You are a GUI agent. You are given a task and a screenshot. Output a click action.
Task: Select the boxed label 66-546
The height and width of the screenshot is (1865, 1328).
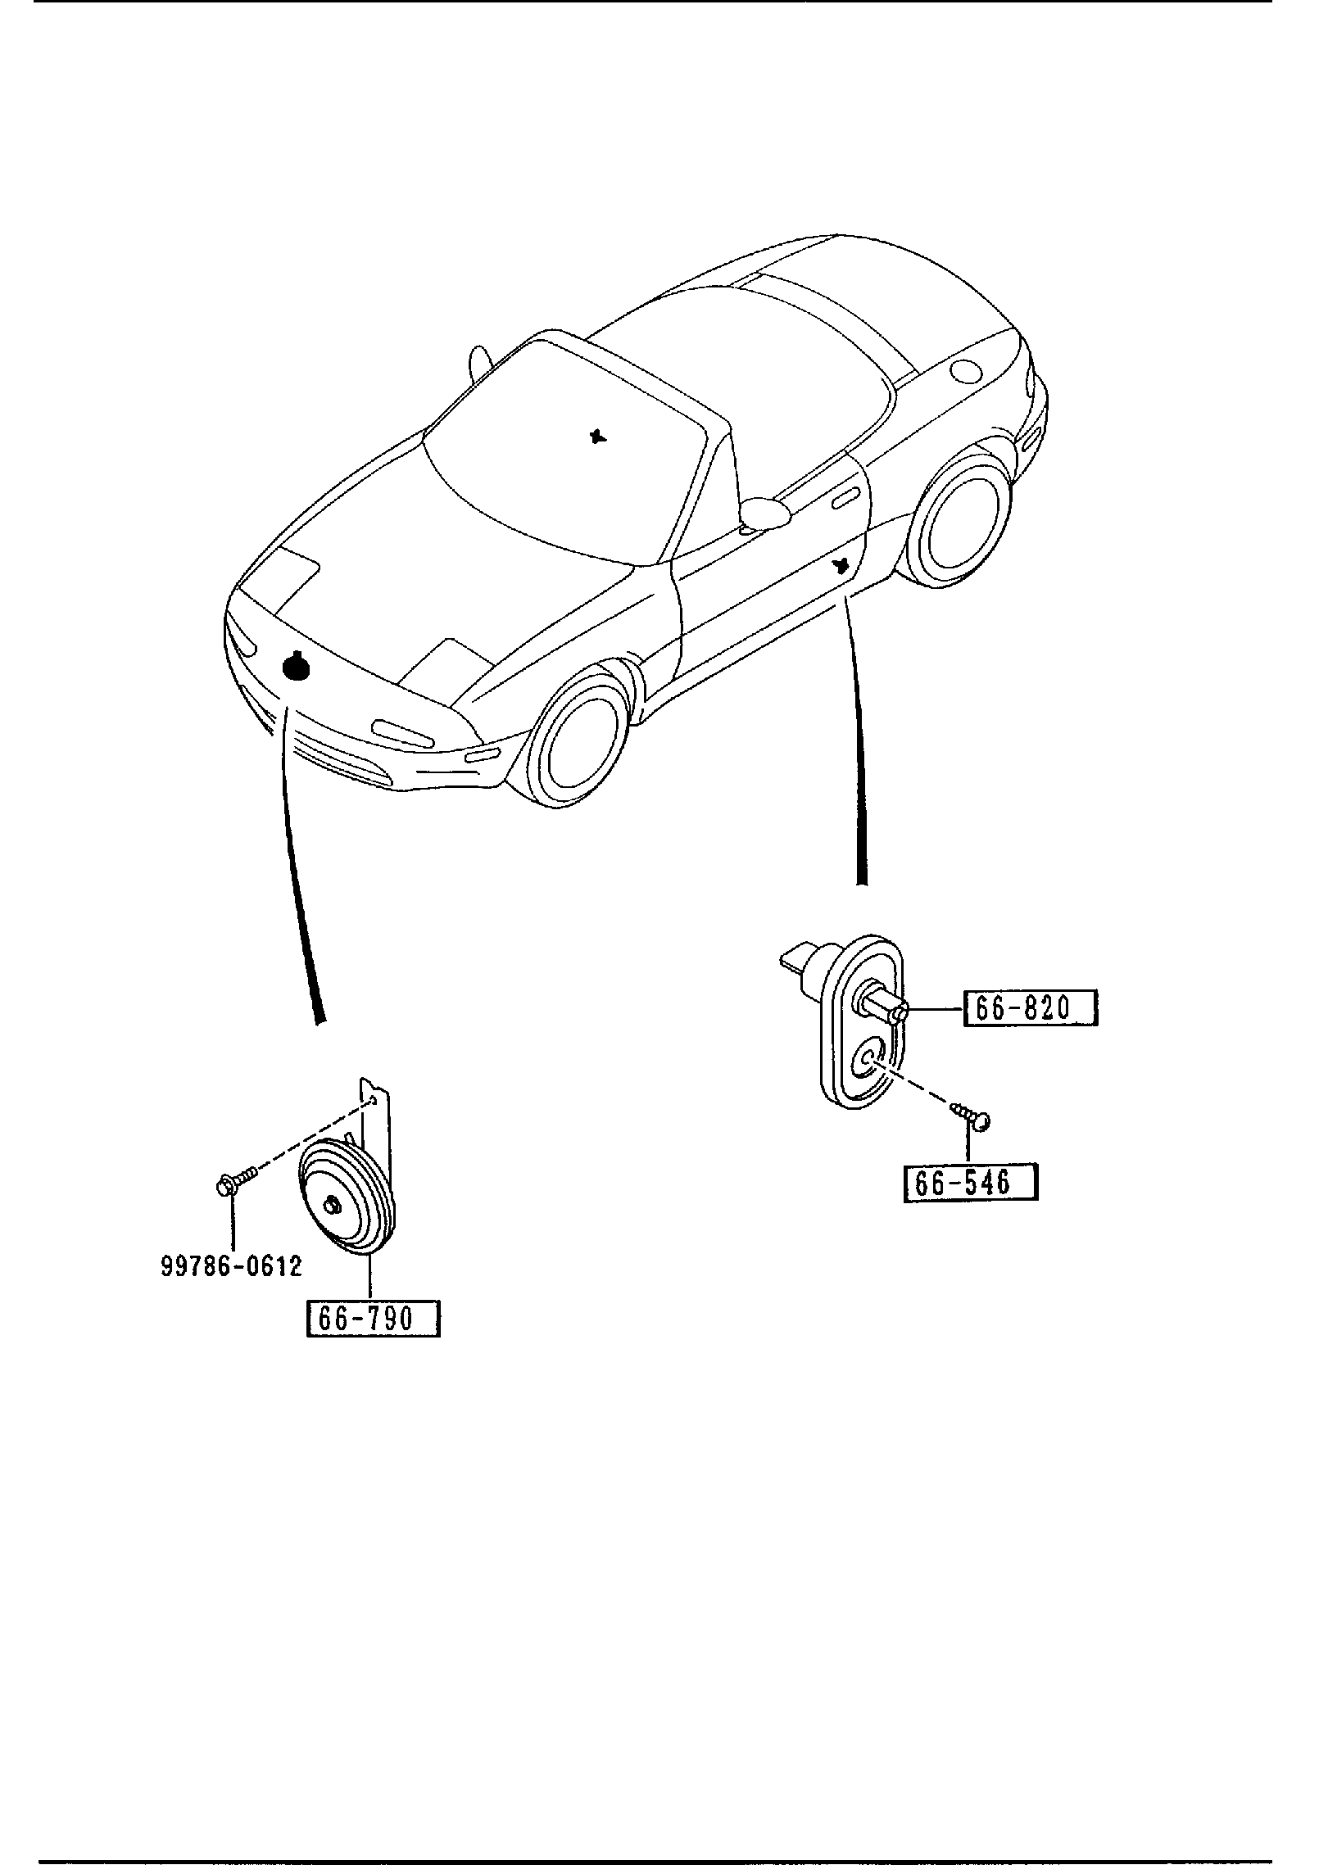coord(970,1183)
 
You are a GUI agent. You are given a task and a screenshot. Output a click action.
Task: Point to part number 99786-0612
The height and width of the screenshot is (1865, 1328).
coord(230,1266)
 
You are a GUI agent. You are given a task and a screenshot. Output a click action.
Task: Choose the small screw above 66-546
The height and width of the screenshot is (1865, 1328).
coord(972,1116)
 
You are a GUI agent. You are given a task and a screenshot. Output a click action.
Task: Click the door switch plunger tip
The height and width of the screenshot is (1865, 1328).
coord(899,1015)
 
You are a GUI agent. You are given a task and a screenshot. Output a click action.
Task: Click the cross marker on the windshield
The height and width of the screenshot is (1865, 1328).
coord(599,436)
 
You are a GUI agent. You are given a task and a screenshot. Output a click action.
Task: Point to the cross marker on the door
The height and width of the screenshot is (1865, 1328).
coord(839,565)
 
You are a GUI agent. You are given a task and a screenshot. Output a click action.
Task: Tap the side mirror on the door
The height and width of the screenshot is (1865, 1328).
coord(764,513)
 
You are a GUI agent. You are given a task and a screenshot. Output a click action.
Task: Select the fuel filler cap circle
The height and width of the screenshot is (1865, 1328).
coord(964,371)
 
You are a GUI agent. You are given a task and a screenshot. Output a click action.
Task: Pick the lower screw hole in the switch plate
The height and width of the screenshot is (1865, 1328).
coord(867,1062)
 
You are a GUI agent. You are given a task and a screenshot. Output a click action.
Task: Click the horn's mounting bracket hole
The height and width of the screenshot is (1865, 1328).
coord(373,1099)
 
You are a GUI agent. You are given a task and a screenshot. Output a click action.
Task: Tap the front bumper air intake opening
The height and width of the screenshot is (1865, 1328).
coord(344,758)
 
